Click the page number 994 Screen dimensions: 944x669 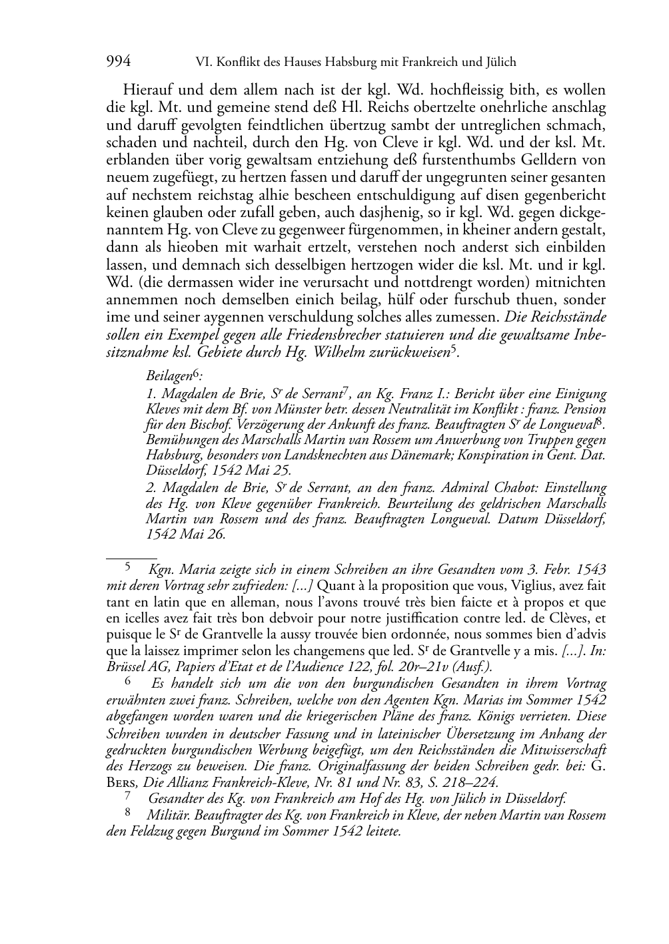coord(118,63)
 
